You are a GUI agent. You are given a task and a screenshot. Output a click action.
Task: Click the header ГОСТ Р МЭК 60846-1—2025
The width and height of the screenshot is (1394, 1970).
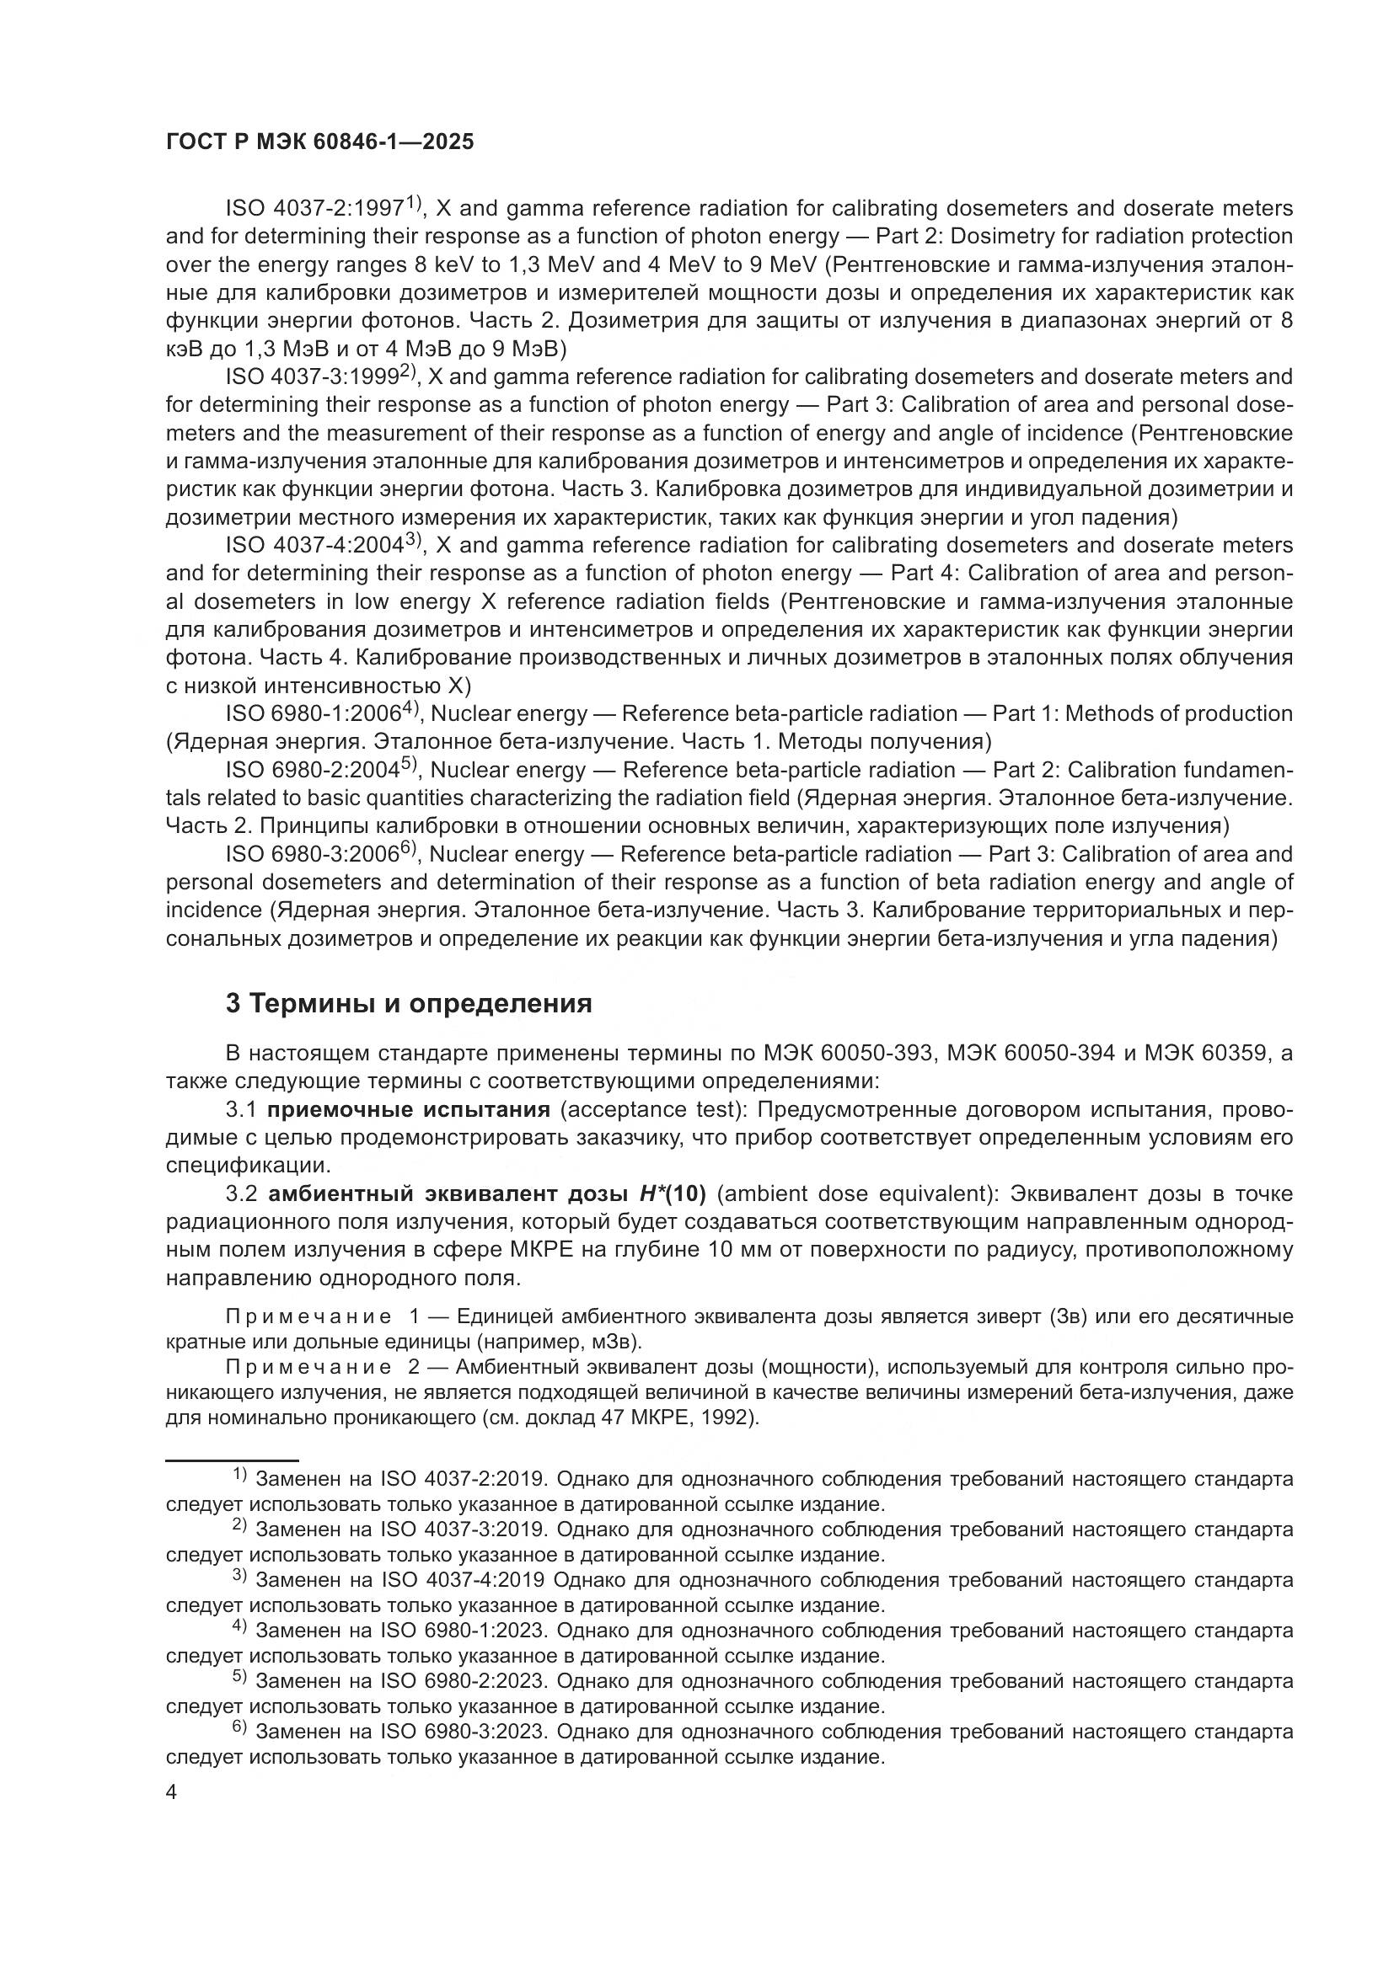pyautogui.click(x=319, y=142)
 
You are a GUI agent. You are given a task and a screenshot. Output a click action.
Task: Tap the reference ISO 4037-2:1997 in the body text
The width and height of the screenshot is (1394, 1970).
pyautogui.click(x=314, y=209)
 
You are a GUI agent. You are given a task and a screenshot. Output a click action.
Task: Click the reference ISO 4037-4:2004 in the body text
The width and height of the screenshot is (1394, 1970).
pyautogui.click(x=314, y=545)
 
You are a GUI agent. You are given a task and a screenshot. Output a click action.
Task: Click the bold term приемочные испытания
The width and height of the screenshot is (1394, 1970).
pyautogui.click(x=409, y=1109)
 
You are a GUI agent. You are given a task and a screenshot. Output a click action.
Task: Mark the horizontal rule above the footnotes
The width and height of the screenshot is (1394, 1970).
pyautogui.click(x=232, y=1460)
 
